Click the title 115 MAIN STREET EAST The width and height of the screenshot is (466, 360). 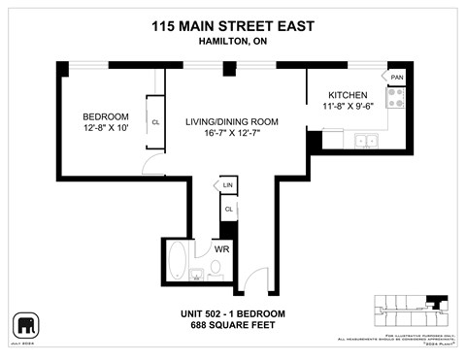tap(232, 27)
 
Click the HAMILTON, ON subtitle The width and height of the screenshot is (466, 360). tap(232, 44)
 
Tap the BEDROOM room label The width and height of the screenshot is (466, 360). tap(106, 116)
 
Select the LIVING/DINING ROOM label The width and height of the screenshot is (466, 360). tap(233, 121)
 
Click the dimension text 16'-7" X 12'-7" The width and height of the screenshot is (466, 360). tap(233, 134)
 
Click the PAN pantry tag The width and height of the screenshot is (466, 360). tap(397, 77)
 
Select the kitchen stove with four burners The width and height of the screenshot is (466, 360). tap(396, 99)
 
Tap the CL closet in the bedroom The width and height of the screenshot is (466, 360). tap(155, 121)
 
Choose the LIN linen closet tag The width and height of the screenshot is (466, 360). tap(228, 184)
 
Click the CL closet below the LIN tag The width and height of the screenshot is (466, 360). tap(228, 208)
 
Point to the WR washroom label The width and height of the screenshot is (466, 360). tap(221, 250)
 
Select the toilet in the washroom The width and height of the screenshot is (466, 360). tap(216, 269)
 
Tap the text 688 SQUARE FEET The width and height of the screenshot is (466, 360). tap(232, 325)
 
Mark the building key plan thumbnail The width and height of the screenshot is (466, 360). tap(411, 309)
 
